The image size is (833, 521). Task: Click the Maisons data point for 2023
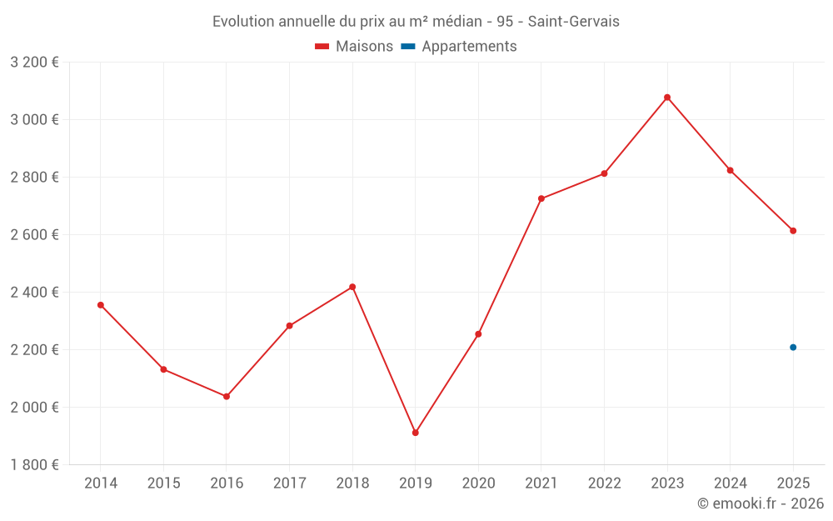667,98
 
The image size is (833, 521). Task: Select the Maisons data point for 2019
415,433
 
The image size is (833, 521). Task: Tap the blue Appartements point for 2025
793,348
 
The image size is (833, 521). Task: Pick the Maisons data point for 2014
101,305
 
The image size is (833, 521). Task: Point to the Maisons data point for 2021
541,198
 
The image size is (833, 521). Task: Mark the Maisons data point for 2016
227,396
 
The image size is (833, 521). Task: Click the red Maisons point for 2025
793,231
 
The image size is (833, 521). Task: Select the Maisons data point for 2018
352,287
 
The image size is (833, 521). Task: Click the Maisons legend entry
354,47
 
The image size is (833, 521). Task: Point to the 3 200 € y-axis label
34,63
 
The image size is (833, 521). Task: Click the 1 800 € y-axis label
34,465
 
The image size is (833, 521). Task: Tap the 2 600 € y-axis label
34,235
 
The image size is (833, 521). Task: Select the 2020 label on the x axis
478,483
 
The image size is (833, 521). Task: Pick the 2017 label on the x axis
289,483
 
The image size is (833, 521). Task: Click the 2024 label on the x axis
731,483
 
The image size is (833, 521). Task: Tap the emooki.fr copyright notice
760,503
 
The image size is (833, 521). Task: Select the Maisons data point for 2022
605,173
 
